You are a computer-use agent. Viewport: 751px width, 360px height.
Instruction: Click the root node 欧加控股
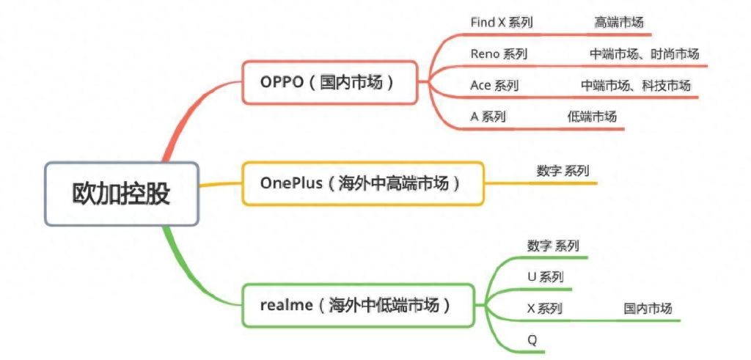(x=121, y=194)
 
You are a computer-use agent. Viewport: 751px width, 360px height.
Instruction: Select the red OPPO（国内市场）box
(x=329, y=82)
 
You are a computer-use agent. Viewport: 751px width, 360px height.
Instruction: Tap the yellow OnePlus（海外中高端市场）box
(x=362, y=183)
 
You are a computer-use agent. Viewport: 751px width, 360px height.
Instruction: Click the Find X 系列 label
(x=501, y=22)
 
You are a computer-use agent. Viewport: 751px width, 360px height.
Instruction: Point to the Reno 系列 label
(x=498, y=54)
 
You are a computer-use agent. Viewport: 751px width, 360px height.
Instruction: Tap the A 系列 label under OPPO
(x=487, y=116)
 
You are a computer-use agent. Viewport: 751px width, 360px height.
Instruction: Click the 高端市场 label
(x=619, y=22)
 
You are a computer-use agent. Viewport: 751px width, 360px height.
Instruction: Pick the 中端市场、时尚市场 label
(x=644, y=54)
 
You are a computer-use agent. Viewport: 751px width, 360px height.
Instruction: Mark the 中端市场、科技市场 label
(x=636, y=85)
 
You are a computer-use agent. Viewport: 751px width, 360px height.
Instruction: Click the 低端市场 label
(x=592, y=116)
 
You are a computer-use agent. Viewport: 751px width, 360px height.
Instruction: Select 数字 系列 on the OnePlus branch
(x=563, y=171)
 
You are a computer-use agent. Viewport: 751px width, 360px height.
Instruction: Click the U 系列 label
(x=545, y=276)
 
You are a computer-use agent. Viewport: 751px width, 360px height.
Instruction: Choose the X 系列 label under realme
(x=544, y=308)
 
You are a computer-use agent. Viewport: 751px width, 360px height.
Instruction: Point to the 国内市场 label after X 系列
(x=648, y=308)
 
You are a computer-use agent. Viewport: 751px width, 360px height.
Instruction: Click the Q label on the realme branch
(x=532, y=339)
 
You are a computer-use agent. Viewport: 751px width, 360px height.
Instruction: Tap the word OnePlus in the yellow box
(x=291, y=183)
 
